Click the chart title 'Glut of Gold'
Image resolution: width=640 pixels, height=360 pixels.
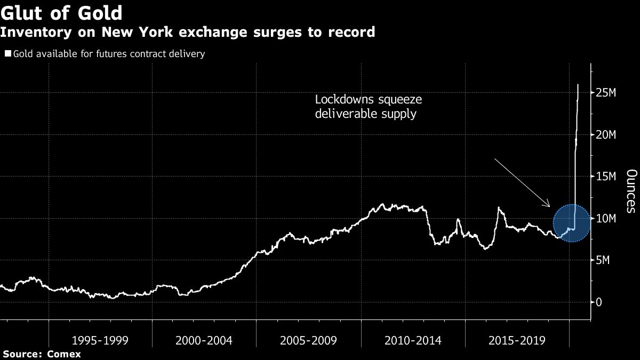61,13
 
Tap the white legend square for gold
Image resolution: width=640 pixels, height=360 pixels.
8,54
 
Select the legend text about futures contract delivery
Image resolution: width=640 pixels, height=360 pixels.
109,54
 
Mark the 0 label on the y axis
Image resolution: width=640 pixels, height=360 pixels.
599,302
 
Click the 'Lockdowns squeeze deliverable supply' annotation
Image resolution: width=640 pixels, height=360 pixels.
369,107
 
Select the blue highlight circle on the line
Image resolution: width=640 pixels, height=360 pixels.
571,223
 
